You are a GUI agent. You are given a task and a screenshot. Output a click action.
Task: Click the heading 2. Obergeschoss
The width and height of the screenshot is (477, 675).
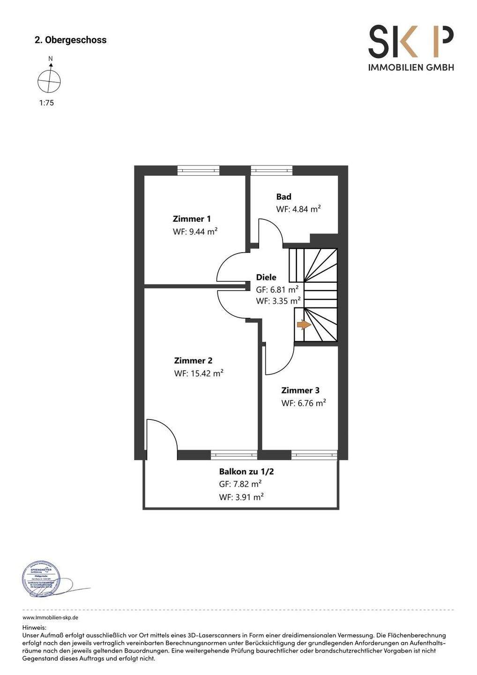point(71,40)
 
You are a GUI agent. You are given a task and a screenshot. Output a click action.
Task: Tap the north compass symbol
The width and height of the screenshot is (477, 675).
point(49,81)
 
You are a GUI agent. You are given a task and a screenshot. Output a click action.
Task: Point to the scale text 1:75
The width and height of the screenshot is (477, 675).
point(46,103)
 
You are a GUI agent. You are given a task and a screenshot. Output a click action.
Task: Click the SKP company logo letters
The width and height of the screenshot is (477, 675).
point(411,42)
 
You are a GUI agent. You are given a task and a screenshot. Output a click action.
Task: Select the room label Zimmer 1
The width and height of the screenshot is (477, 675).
point(192,219)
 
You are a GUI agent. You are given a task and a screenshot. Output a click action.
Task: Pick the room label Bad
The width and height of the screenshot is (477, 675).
point(283,197)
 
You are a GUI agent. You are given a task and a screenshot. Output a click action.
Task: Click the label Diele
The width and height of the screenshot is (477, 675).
point(266,277)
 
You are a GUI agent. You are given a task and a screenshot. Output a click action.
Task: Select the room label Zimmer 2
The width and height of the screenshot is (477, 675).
point(193,361)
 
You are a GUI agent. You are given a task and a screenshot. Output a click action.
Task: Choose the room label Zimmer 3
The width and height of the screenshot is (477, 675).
point(300,390)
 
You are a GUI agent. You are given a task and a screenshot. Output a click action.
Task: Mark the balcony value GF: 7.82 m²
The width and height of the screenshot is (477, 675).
point(240,484)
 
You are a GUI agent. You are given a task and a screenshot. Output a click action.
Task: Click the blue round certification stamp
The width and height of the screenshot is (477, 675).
point(42,580)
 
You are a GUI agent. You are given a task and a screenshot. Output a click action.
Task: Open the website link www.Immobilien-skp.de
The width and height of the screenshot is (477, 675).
point(50,618)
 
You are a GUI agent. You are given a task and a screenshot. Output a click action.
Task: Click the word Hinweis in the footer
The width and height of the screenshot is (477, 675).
point(34,627)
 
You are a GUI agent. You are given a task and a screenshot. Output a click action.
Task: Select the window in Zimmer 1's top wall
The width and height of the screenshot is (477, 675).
point(198,170)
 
